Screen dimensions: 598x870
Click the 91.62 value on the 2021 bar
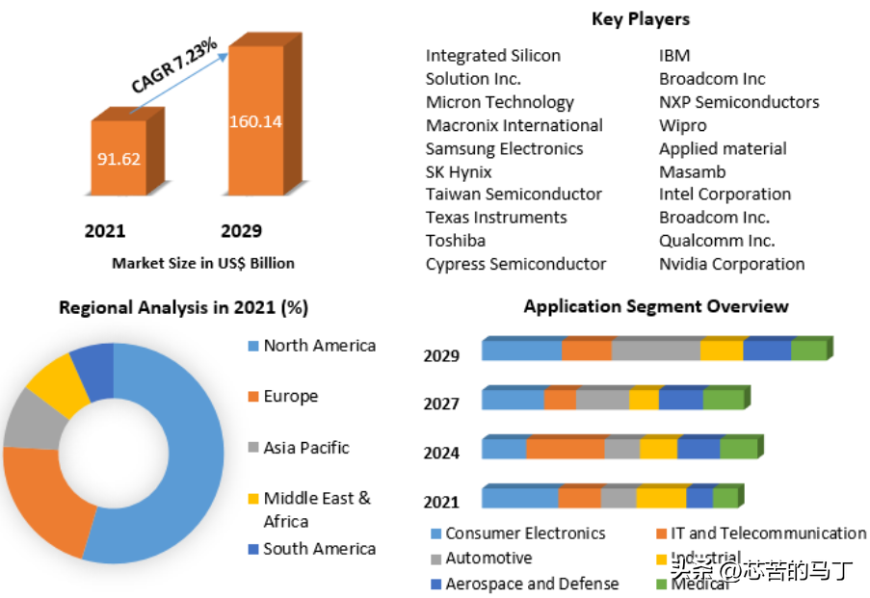119,158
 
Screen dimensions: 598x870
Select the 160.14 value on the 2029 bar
255,121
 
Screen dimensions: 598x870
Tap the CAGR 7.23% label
174,65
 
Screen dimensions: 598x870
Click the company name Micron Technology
499,102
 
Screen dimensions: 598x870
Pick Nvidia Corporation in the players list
731,264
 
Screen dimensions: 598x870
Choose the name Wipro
682,125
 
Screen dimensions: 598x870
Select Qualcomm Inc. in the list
716,241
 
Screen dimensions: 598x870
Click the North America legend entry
318,346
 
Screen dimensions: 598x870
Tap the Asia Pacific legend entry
305,448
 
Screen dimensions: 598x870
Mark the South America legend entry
318,549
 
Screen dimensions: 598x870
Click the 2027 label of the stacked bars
441,403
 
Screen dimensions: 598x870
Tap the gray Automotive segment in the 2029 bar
655,351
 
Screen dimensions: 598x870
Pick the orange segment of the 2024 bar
565,449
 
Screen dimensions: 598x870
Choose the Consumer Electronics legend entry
524,533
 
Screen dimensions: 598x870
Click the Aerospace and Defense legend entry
531,584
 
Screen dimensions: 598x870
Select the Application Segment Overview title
655,306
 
